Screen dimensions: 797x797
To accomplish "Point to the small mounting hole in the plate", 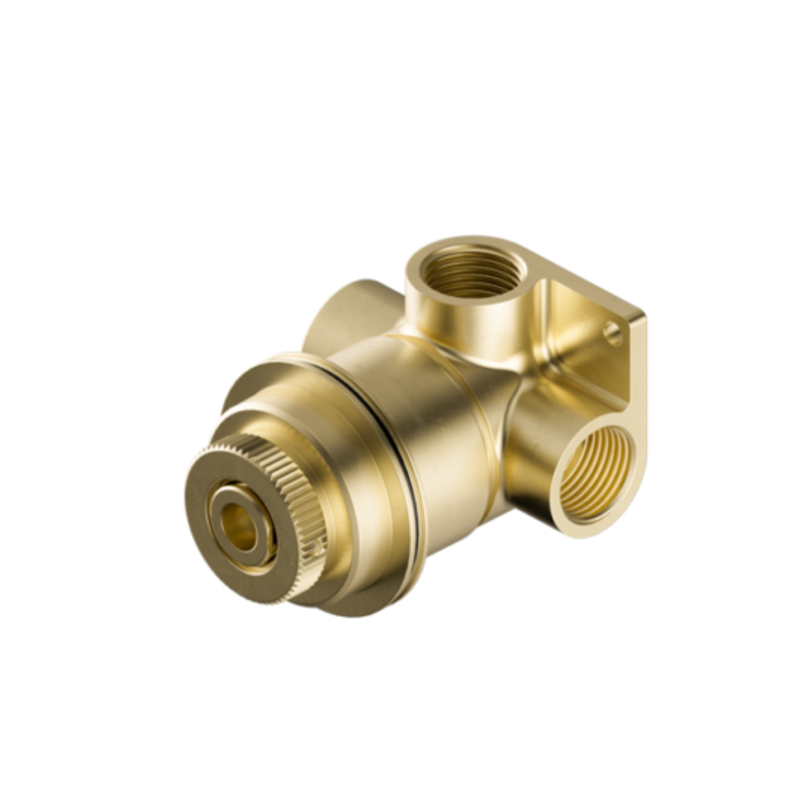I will [613, 334].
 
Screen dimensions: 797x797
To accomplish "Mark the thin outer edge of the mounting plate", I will [639, 369].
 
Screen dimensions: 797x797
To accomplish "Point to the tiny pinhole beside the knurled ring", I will [316, 548].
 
